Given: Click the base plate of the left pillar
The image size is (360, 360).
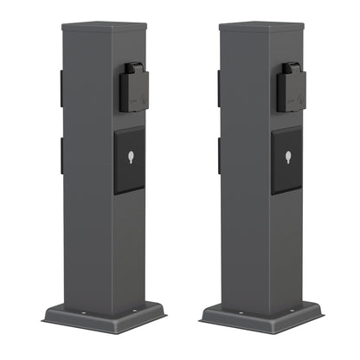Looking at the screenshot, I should [104, 318].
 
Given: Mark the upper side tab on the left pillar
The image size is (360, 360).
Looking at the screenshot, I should [61, 89].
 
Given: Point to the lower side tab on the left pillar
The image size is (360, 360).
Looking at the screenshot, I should [61, 155].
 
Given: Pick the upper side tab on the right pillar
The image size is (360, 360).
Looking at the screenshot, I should [219, 89].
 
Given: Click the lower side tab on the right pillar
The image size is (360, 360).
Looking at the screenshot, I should [219, 155].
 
